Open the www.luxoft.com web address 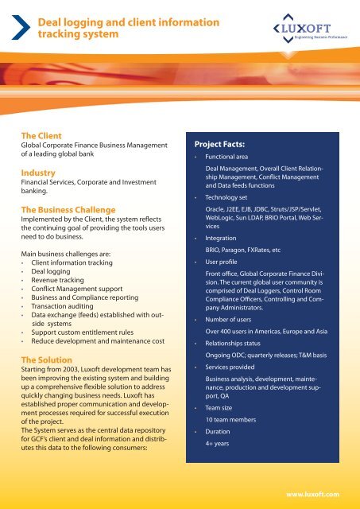coord(315,493)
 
